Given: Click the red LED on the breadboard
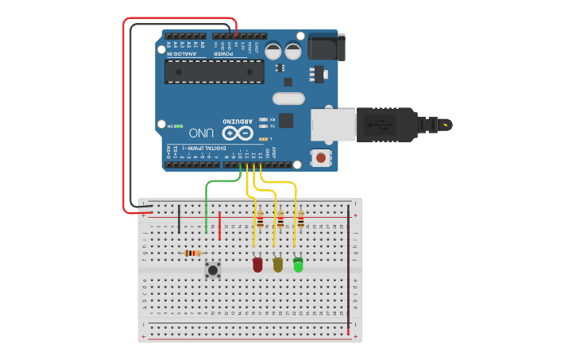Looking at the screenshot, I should [x=257, y=265].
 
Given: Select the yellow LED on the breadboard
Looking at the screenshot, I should [x=277, y=265].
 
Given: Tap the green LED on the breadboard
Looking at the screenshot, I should [x=298, y=265].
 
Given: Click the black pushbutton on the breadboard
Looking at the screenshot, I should [x=213, y=269].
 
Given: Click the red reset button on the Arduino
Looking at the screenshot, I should [x=321, y=157].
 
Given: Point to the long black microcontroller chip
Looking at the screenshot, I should [x=215, y=72].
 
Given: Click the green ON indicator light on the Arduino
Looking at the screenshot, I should [x=180, y=126].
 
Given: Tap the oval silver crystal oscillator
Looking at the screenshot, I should [x=288, y=99].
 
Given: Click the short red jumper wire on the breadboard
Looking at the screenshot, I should [x=219, y=226].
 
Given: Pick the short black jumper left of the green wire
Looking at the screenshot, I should [x=179, y=218].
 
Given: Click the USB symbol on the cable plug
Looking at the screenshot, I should [x=380, y=124].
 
